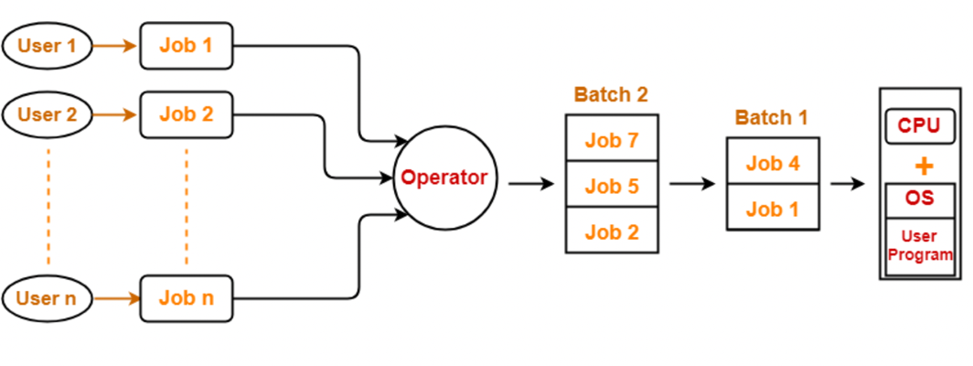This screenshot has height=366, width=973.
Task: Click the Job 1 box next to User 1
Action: pyautogui.click(x=187, y=46)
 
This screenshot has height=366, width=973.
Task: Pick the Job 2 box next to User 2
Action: pyautogui.click(x=187, y=115)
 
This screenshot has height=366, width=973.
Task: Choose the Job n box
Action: pyautogui.click(x=187, y=298)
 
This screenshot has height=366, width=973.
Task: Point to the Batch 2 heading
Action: pyautogui.click(x=611, y=95)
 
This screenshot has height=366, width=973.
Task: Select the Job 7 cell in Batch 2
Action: pyautogui.click(x=611, y=139)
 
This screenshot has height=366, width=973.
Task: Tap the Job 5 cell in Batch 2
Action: pyautogui.click(x=611, y=186)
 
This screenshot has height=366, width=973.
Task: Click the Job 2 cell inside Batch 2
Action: pyautogui.click(x=611, y=231)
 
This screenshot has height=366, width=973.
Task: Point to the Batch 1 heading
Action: pyautogui.click(x=771, y=118)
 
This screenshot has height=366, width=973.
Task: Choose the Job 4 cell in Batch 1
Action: pyautogui.click(x=772, y=162)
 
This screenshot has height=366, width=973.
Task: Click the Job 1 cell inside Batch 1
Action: pyautogui.click(x=772, y=208)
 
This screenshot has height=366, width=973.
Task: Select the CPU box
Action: pyautogui.click(x=918, y=126)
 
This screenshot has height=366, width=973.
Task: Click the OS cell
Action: pyautogui.click(x=919, y=199)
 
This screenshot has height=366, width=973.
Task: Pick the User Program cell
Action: pyautogui.click(x=919, y=246)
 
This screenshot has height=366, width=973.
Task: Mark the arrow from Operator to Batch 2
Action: pyautogui.click(x=530, y=184)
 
